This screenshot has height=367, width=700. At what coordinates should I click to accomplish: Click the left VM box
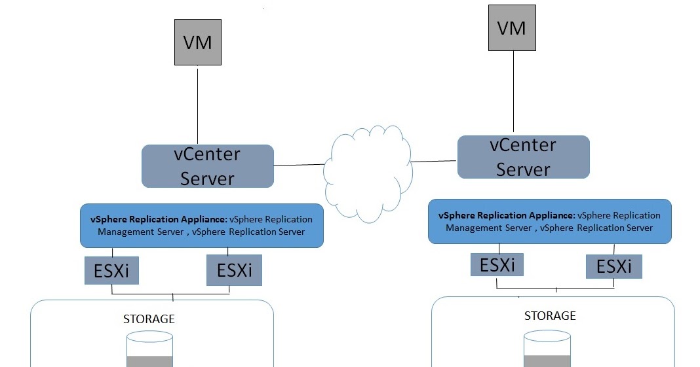click(197, 42)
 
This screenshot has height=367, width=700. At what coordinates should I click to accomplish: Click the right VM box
click(512, 27)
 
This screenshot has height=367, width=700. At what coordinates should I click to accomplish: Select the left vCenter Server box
click(207, 166)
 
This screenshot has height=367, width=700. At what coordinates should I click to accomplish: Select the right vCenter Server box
click(523, 157)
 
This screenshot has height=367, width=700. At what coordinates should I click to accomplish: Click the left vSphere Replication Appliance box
click(202, 226)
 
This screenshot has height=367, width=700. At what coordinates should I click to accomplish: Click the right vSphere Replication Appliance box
click(549, 222)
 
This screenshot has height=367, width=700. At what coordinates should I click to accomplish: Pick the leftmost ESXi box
click(112, 270)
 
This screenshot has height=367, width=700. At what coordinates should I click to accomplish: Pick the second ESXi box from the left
click(234, 270)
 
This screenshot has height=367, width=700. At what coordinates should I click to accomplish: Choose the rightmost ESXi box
click(614, 266)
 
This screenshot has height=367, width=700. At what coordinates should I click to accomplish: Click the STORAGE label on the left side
click(149, 319)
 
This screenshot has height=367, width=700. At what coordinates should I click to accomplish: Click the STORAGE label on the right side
click(550, 316)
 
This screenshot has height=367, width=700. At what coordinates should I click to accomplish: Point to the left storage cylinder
click(149, 350)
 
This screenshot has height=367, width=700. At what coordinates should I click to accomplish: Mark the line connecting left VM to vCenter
click(198, 105)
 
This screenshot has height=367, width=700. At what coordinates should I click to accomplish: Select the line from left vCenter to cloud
click(298, 165)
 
